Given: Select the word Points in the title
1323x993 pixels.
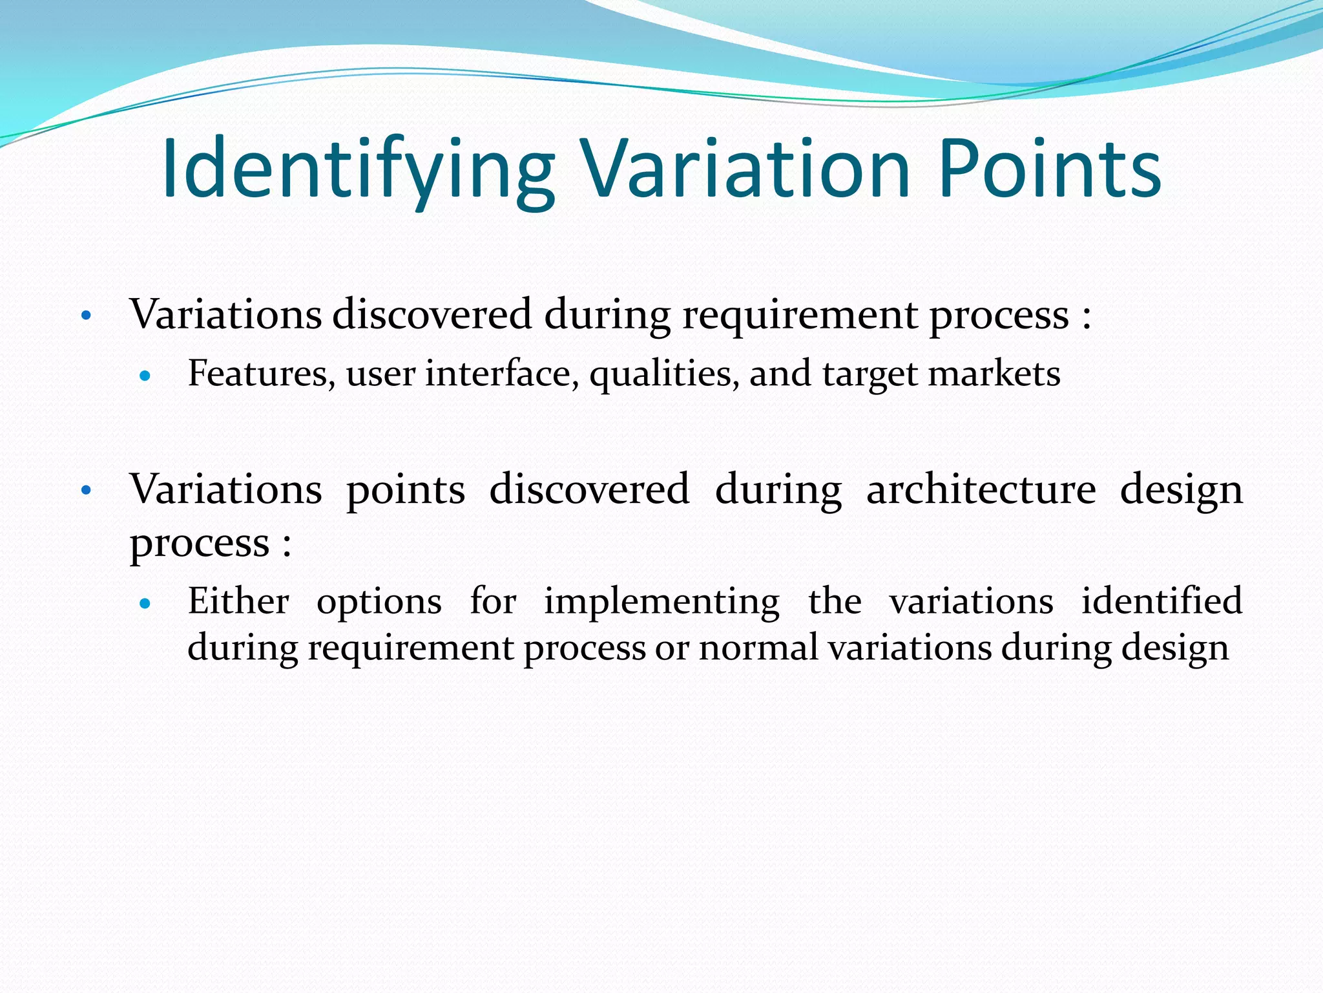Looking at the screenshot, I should [x=1049, y=169].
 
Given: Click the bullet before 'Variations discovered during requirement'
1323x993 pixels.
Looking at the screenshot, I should [x=86, y=317].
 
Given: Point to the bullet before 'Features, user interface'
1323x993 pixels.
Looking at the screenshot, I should [x=145, y=376].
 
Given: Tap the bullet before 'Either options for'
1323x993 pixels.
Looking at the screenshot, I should [x=145, y=604].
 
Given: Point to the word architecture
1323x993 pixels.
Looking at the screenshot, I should [x=981, y=489].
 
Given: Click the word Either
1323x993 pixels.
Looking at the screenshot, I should [x=238, y=601].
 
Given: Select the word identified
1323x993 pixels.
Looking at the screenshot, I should [x=1162, y=601].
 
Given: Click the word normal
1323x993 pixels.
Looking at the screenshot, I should [x=758, y=648].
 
